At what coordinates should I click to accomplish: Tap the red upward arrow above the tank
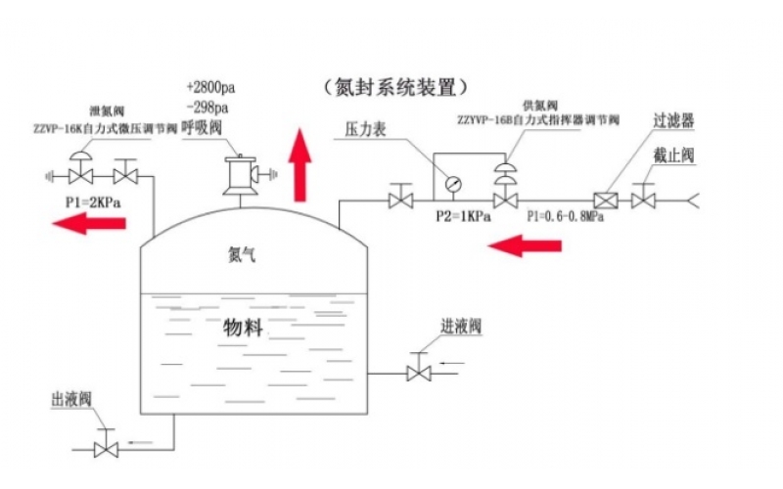pyautogui.click(x=300, y=163)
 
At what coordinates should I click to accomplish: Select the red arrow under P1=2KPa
pyautogui.click(x=89, y=223)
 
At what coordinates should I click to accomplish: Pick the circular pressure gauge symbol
pyautogui.click(x=452, y=182)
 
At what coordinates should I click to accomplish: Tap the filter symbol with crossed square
pyautogui.click(x=609, y=200)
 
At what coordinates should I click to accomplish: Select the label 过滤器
pyautogui.click(x=674, y=123)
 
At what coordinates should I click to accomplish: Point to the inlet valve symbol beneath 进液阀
pyautogui.click(x=420, y=373)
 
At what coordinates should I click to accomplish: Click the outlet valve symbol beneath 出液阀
pyautogui.click(x=106, y=449)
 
